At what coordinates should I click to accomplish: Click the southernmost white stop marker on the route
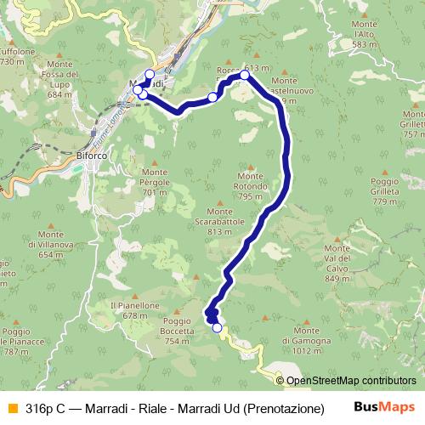click(217, 328)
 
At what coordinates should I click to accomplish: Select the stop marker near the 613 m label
click(245, 76)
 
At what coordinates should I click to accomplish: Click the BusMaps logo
click(385, 407)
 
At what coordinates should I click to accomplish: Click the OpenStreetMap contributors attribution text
click(351, 382)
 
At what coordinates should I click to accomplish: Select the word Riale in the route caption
click(158, 408)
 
